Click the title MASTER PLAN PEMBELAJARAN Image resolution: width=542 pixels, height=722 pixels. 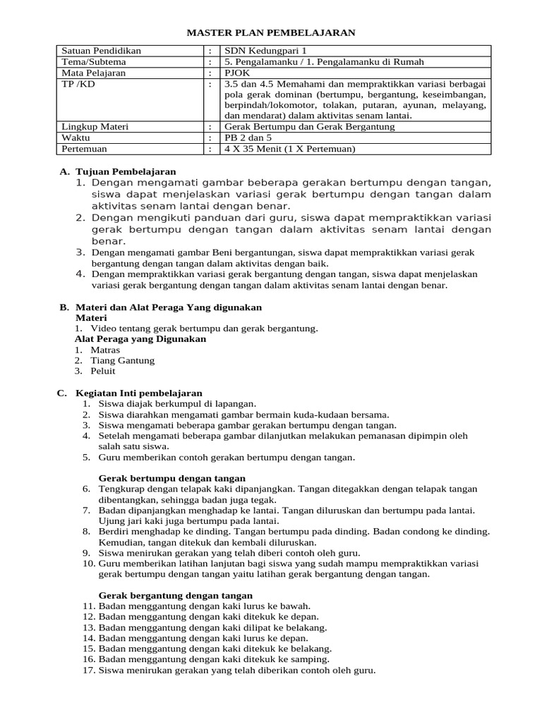pos(270,32)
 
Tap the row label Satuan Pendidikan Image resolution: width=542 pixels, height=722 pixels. pos(102,51)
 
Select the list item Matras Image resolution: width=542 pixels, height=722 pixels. pos(105,350)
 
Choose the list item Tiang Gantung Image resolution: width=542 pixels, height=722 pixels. pos(122,360)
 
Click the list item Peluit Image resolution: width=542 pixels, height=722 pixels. pos(103,371)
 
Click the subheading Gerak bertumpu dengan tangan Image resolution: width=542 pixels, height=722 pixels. pos(171,478)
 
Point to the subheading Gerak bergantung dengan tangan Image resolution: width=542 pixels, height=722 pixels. pos(175,595)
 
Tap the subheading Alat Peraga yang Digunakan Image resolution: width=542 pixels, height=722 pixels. pos(140,339)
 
